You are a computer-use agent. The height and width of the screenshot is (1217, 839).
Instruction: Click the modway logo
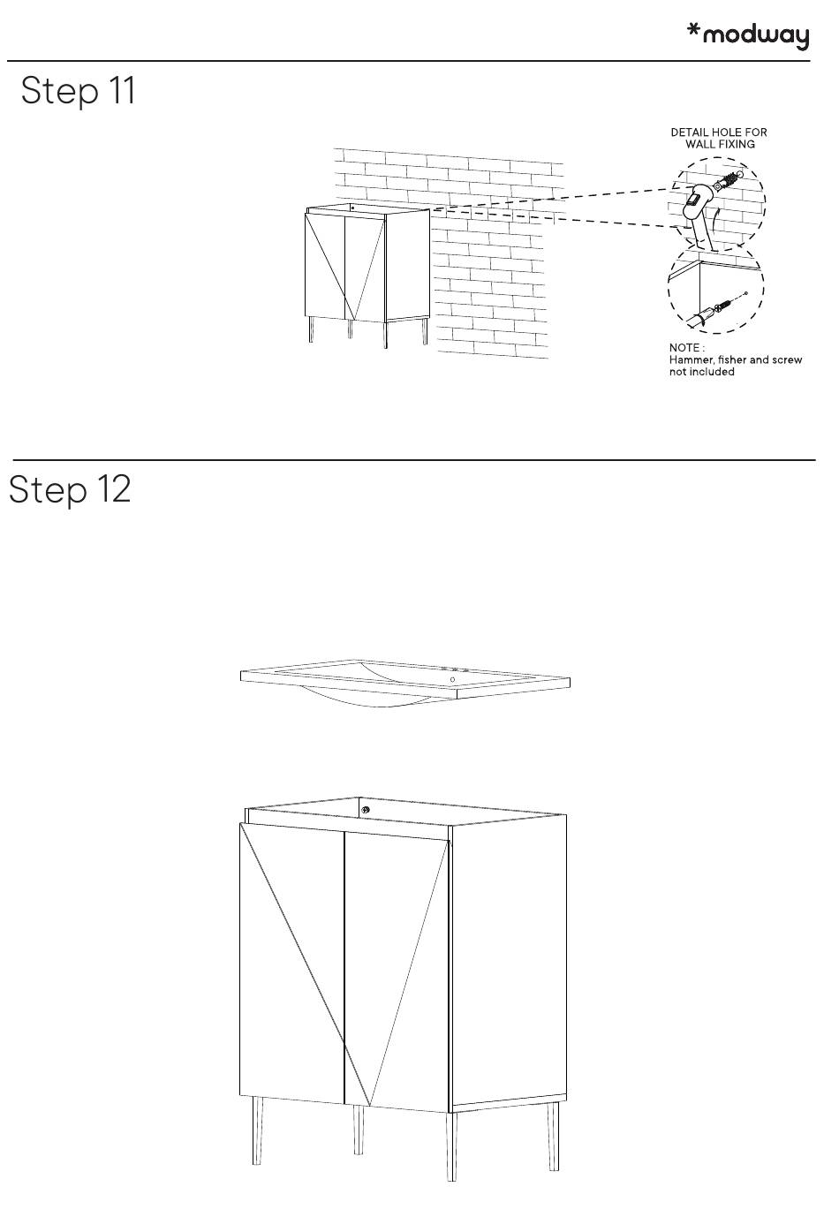[x=748, y=35]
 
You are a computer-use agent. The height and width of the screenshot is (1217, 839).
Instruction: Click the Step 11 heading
[x=78, y=90]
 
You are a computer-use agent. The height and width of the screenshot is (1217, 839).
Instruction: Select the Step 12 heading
[x=70, y=489]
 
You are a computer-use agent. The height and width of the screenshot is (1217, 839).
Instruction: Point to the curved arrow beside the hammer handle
[x=716, y=222]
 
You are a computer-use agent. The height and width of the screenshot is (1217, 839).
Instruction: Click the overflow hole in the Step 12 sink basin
[x=453, y=680]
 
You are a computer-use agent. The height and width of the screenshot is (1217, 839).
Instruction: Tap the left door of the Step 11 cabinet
[x=325, y=266]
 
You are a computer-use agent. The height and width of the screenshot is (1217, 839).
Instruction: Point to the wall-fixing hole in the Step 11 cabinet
[x=352, y=207]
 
